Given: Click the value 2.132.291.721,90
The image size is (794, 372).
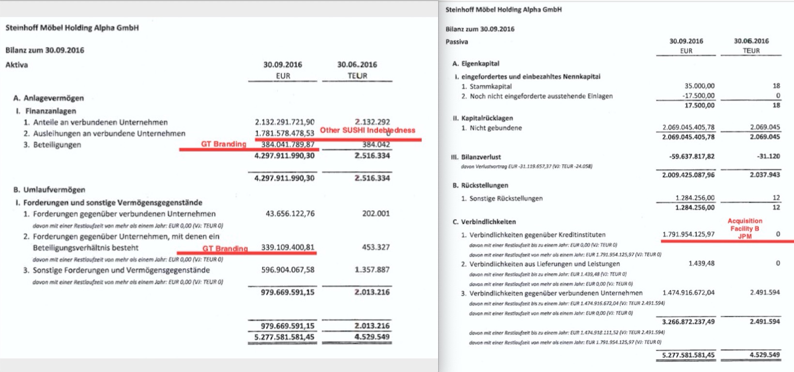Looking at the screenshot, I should point(285,122).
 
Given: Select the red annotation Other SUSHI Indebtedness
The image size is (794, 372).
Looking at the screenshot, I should point(367,130).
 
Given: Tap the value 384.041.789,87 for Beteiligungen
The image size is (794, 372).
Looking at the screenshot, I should point(288,144).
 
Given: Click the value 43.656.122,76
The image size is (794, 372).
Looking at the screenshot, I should point(290,214).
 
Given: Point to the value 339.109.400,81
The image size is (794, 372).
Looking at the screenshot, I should point(288,248).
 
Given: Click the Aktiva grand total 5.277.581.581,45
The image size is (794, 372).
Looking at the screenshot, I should point(284,337).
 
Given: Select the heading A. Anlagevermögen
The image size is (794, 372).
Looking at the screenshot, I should point(48,98).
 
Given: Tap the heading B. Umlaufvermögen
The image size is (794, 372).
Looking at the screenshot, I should point(49,190).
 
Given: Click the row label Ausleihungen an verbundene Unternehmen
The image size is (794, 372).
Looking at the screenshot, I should point(109,133).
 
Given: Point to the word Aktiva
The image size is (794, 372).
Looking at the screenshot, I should point(16,65).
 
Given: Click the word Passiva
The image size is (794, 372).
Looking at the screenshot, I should point(457,42).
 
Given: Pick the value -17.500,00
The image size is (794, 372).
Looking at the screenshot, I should point(698,96).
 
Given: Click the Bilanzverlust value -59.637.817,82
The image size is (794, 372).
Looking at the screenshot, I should point(688,156).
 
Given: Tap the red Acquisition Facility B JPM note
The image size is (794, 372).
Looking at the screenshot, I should point(745,229).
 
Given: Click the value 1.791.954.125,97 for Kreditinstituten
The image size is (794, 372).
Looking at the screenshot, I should point(688,234).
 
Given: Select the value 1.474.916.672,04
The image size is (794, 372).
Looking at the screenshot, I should point(688,293).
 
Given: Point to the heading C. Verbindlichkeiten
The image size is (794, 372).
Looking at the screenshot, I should point(484,222).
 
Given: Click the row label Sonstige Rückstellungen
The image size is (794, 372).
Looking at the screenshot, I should point(506,199).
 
